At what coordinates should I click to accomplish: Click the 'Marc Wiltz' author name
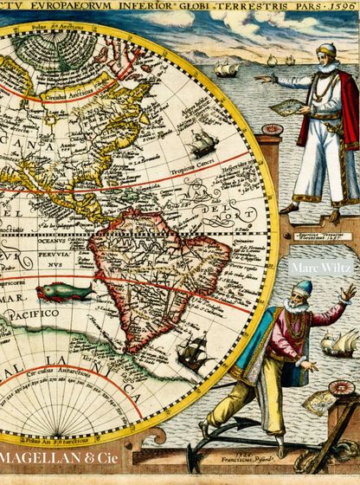pyautogui.click(x=320, y=268)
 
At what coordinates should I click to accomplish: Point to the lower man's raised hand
pyautogui.click(x=347, y=294)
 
